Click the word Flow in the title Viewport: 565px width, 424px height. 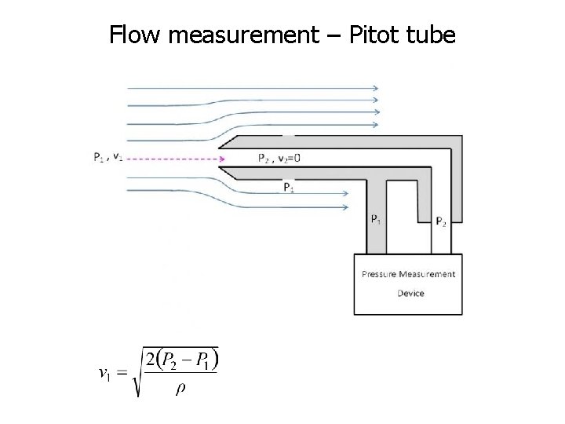[x=133, y=35]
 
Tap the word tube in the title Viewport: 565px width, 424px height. [x=428, y=35]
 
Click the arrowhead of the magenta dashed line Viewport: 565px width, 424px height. [x=222, y=159]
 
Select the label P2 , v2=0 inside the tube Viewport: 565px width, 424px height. [x=279, y=158]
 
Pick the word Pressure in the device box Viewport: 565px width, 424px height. [x=379, y=274]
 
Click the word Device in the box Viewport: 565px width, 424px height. [x=410, y=293]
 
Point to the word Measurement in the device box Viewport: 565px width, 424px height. [x=427, y=274]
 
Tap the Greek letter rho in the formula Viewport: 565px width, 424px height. [x=180, y=389]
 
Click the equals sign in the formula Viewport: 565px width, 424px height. [x=121, y=373]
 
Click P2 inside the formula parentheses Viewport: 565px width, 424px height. [x=171, y=361]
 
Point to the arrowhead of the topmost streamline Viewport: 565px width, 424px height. [x=376, y=88]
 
